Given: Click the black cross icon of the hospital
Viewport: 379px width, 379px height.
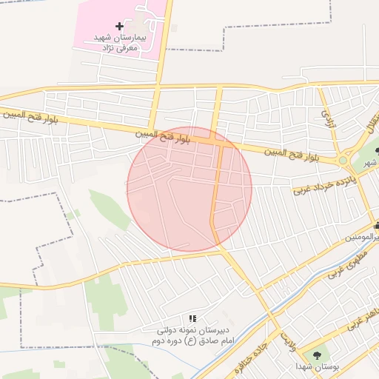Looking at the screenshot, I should tap(119, 26).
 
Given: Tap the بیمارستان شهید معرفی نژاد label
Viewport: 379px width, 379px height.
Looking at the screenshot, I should tap(121, 42).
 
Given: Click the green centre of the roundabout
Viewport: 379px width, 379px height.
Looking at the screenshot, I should tap(343, 160).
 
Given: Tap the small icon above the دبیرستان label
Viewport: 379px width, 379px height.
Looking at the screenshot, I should tap(192, 318).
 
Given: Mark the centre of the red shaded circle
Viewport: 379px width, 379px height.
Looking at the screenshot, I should tap(189, 189).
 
